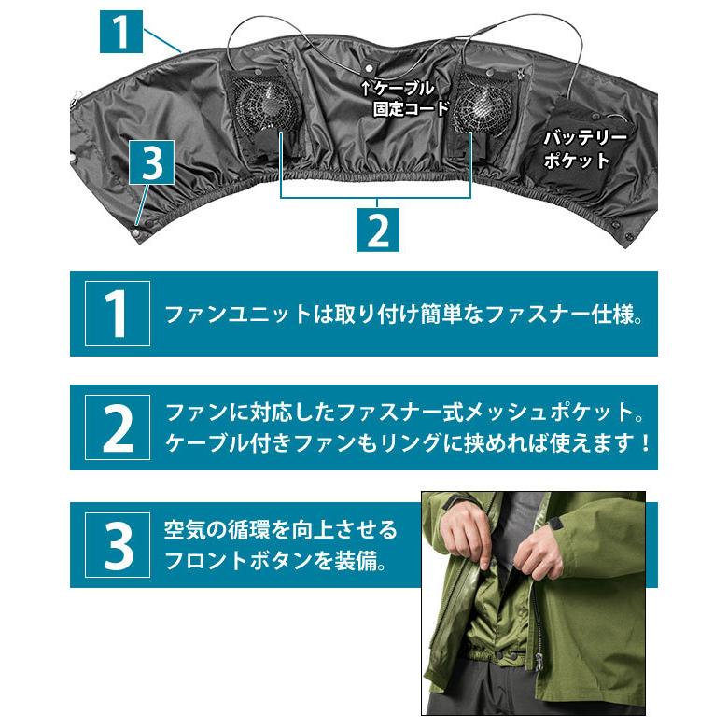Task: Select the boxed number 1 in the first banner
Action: tap(117, 314)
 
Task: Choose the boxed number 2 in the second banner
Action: tap(117, 427)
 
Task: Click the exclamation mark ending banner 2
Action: tap(645, 441)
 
